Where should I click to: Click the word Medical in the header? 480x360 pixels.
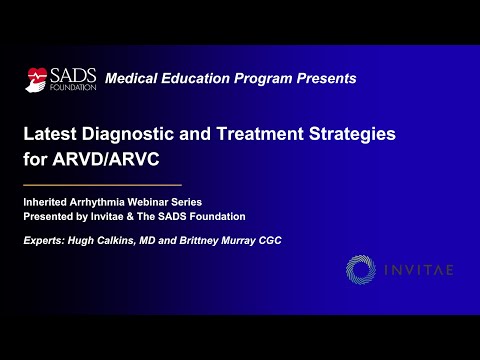point(131,78)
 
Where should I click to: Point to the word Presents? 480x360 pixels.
point(326,78)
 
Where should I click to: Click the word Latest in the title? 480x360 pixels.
point(50,134)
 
